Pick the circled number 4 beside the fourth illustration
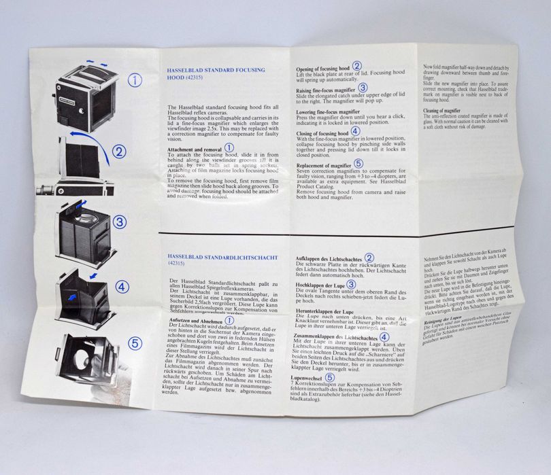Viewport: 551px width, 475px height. click(x=121, y=287)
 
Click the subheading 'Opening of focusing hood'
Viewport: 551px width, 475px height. click(x=323, y=67)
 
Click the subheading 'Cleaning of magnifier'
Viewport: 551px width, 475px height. click(x=441, y=110)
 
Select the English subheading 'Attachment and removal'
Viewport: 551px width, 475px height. click(x=194, y=148)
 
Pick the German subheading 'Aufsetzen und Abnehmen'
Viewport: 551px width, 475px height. click(x=193, y=320)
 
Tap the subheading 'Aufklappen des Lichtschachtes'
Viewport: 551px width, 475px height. click(x=329, y=259)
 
